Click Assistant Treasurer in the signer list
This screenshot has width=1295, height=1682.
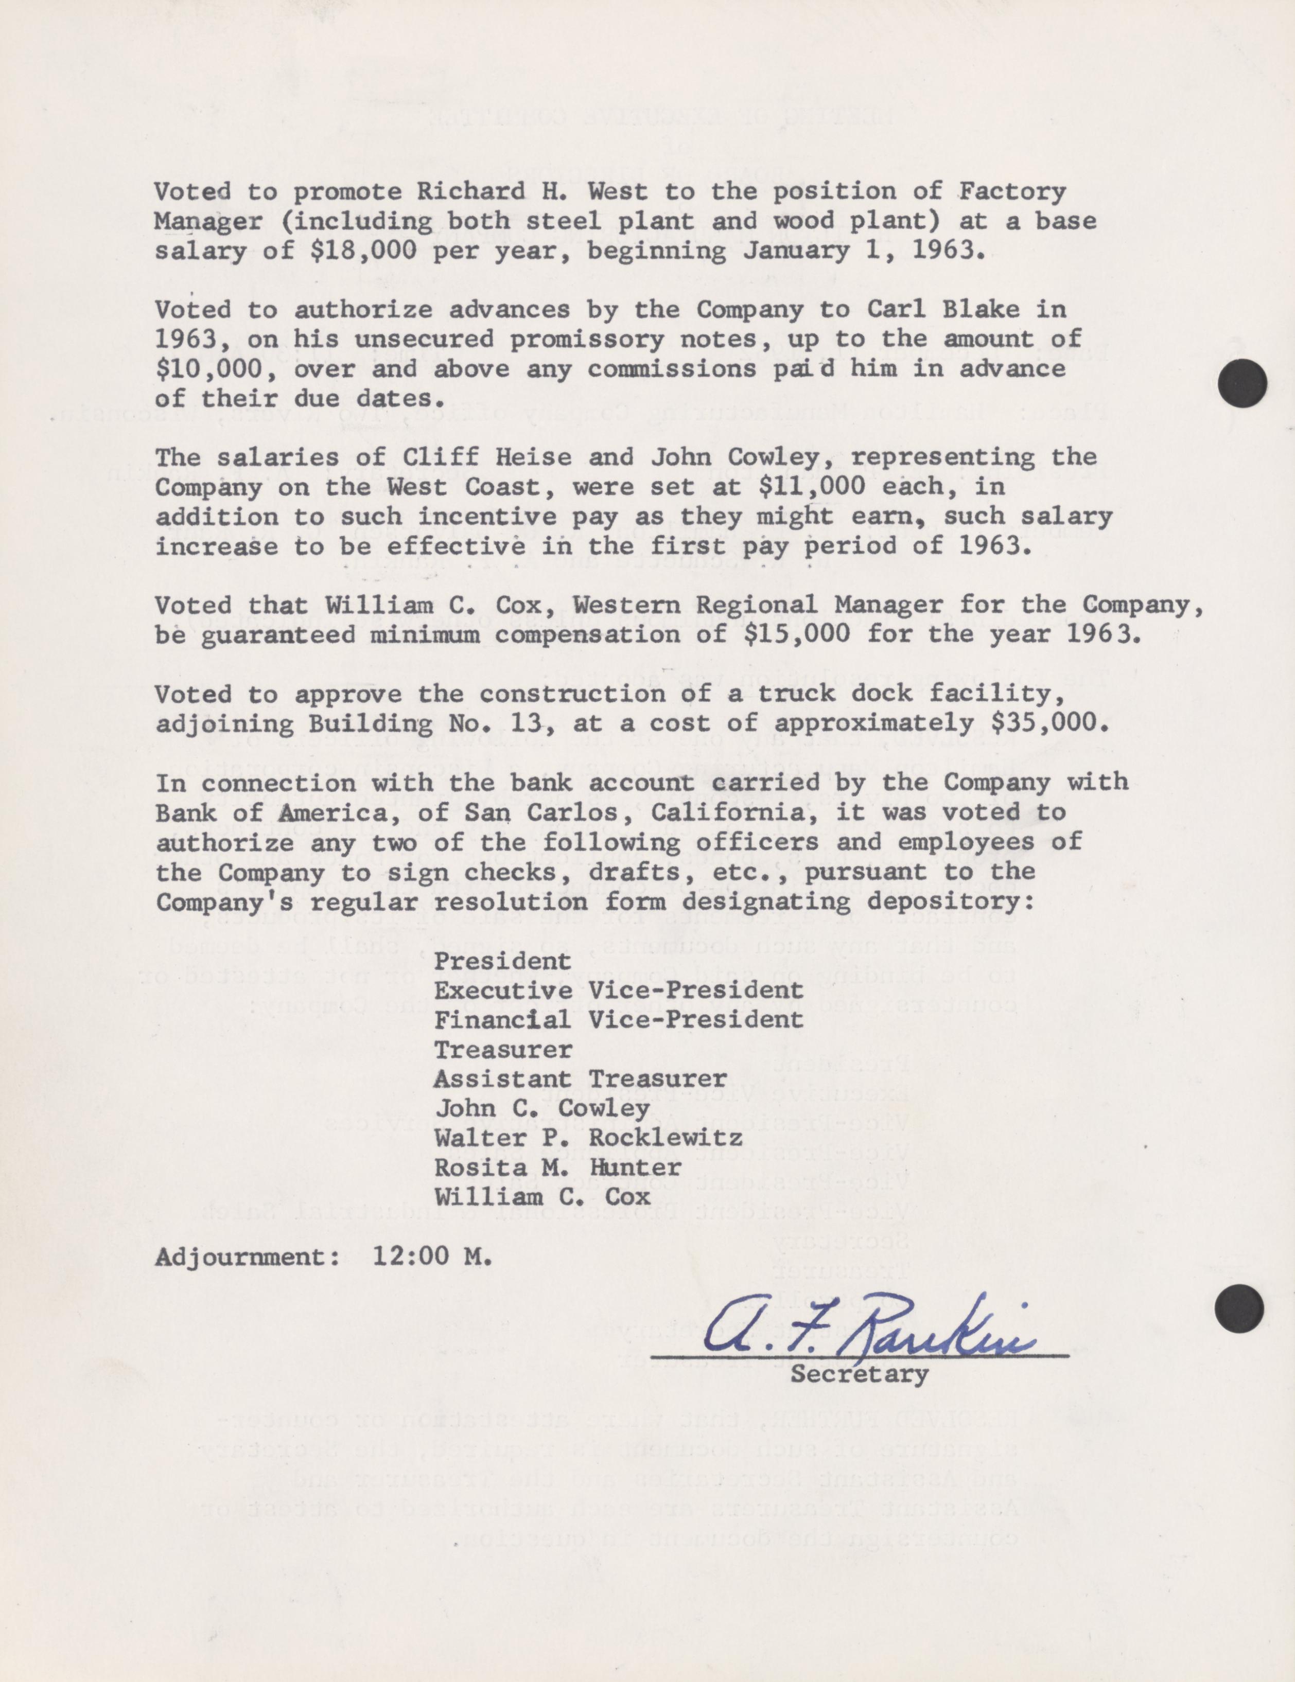coord(580,1079)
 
